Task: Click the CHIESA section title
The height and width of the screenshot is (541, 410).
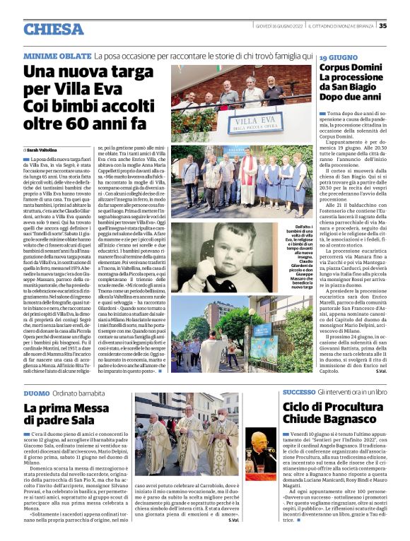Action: (53, 29)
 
